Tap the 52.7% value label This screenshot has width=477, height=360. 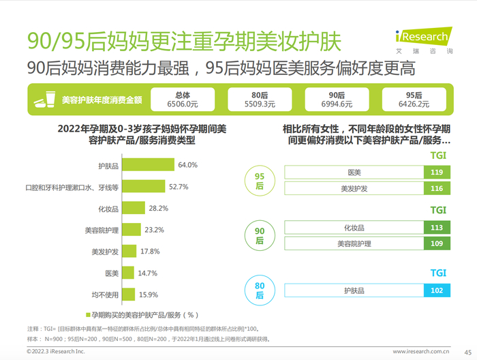tap(179, 186)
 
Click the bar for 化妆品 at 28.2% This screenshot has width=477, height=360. tap(134, 208)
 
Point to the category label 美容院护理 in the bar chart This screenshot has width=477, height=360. tap(101, 230)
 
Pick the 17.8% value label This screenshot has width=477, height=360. tap(150, 251)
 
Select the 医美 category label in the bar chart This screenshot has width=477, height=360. tap(112, 273)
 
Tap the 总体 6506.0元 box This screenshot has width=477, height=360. tap(183, 100)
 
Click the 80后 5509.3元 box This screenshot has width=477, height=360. tap(260, 100)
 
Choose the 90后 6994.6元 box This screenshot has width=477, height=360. tap(337, 100)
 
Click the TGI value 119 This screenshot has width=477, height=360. tap(437, 172)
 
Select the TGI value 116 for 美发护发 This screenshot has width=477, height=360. tap(437, 188)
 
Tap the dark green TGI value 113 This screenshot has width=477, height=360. tap(437, 228)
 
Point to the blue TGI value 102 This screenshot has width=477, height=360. tap(437, 290)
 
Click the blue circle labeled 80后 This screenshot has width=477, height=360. tap(260, 290)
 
